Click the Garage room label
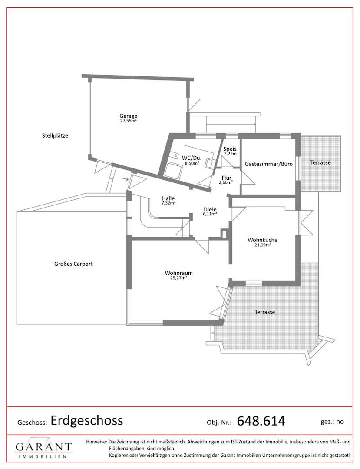coord(128,116)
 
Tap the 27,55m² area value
coord(128,121)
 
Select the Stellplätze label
coord(55,135)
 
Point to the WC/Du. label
coord(192,158)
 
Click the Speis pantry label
coord(230,149)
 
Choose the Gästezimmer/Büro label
coord(268,164)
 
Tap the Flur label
coord(226,178)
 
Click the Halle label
coord(168,198)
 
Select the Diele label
coord(210,209)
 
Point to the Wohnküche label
coord(262,240)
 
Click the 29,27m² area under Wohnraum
coord(178,278)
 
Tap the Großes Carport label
coord(73,264)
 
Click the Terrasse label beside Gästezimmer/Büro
coord(320,162)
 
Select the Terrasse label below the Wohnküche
coord(264,312)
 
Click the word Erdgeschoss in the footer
coord(87,420)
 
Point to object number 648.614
coord(261,421)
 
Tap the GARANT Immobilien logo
coord(44,449)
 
